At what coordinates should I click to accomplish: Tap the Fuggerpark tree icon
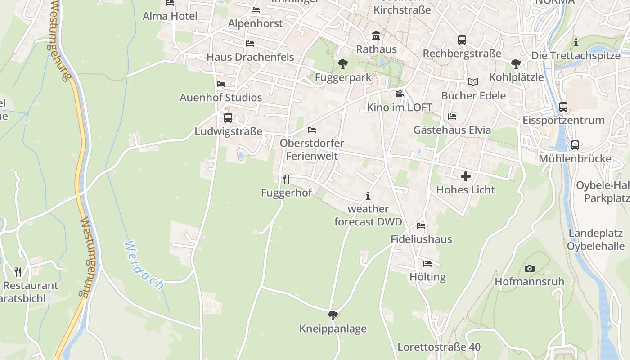point(343,64)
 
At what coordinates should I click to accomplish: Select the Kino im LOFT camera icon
point(399,94)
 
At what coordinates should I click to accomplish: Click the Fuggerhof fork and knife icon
point(286,180)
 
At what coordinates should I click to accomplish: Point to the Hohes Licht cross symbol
point(465,176)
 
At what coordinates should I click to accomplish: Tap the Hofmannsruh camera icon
point(530,269)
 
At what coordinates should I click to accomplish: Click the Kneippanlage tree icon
point(333,315)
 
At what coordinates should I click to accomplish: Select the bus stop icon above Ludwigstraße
point(228,118)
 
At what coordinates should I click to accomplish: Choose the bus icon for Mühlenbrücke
point(575,145)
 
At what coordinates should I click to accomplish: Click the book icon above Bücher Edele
point(473,82)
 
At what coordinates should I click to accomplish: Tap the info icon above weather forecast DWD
point(368,196)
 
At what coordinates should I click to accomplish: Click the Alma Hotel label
point(170,16)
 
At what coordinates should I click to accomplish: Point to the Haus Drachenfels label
point(250,57)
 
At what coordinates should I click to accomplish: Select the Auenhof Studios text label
point(220,98)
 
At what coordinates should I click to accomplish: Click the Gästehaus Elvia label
point(452,130)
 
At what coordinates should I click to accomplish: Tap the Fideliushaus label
point(421,239)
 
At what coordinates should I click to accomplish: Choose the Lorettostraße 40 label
point(439,347)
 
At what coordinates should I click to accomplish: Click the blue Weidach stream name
point(144,265)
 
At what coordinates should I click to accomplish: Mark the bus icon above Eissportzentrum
point(563,107)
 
